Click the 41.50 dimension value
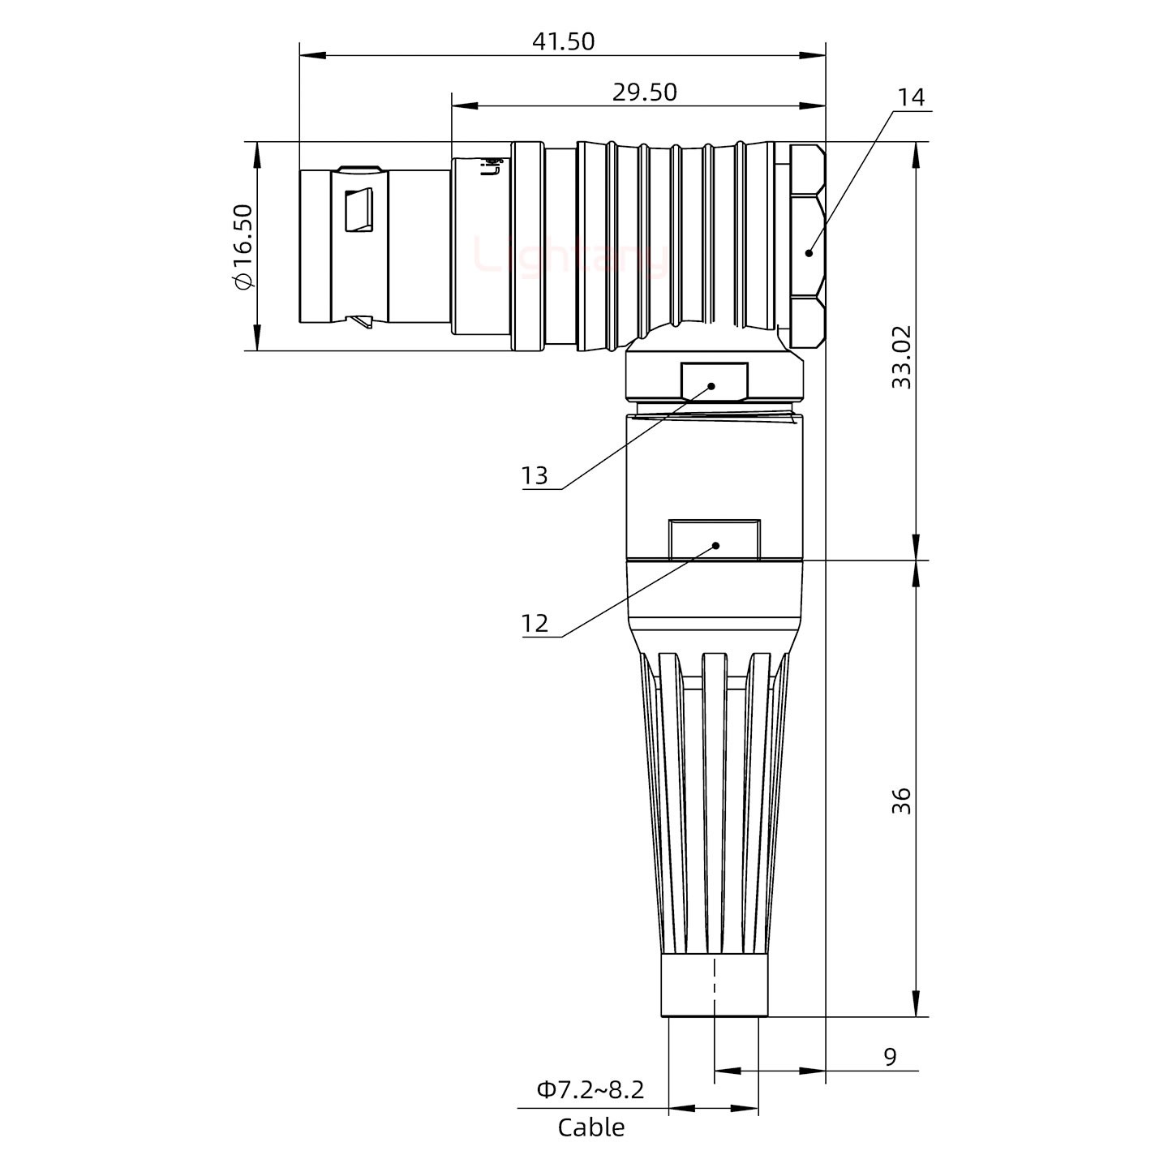pyautogui.click(x=563, y=41)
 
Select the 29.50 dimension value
pyautogui.click(x=644, y=92)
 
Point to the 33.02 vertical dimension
pyautogui.click(x=901, y=357)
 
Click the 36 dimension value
pyautogui.click(x=901, y=801)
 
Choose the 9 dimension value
pyautogui.click(x=890, y=1057)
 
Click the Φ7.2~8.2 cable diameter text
pyautogui.click(x=590, y=1089)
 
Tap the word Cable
pyautogui.click(x=591, y=1127)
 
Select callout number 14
pyautogui.click(x=911, y=97)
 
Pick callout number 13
pyautogui.click(x=535, y=475)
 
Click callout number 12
pyautogui.click(x=535, y=623)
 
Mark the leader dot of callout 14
pyautogui.click(x=809, y=253)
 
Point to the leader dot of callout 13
pyautogui.click(x=712, y=386)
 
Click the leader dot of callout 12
pyautogui.click(x=715, y=545)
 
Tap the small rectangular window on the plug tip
pyautogui.click(x=359, y=211)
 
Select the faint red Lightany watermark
pyautogui.click(x=572, y=256)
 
